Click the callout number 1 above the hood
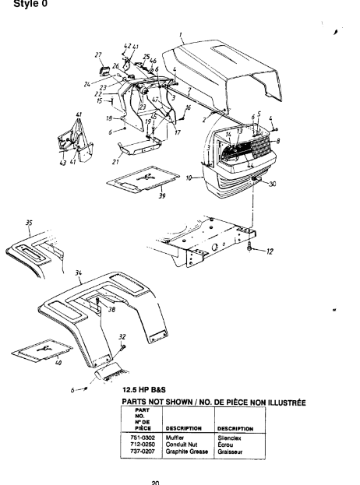181,35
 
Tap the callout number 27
98,54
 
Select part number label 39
161,197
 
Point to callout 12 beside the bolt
270,251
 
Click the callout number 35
29,222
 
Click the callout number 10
190,179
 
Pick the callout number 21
115,162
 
